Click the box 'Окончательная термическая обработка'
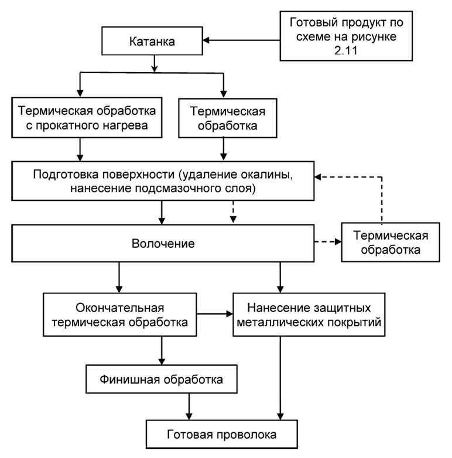tap(119, 315)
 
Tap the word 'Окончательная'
tap(119, 308)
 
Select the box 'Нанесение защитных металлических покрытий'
tap(309, 315)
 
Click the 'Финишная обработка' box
tap(162, 380)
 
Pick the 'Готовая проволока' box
tap(220, 435)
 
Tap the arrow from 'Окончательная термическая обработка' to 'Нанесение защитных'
tap(214, 315)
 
